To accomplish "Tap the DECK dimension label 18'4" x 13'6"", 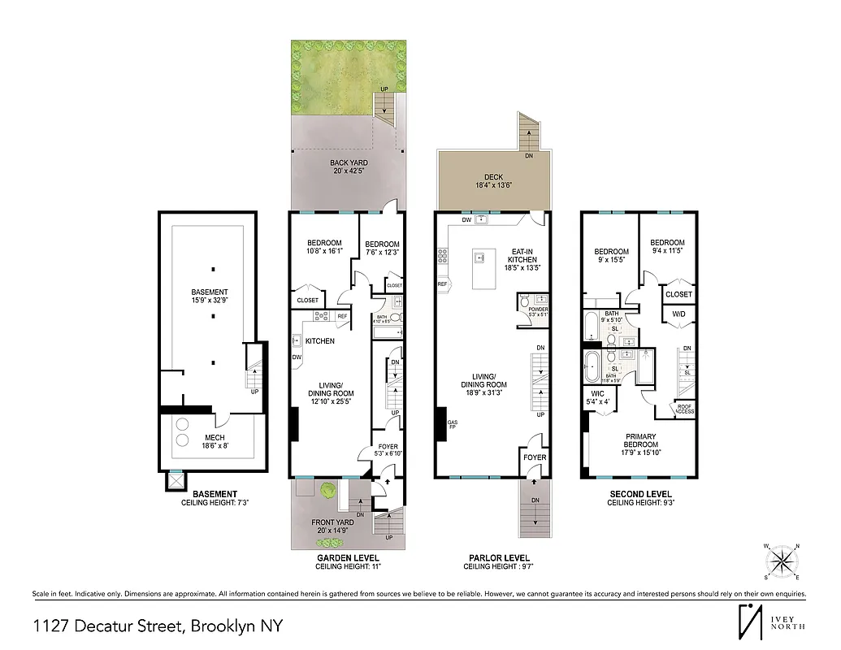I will coord(493,185).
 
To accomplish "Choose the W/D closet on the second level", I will coord(679,314).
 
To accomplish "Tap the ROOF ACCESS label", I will coord(685,409).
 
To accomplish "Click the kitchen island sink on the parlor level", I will coord(480,258).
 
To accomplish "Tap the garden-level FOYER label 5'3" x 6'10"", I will coord(388,449).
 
